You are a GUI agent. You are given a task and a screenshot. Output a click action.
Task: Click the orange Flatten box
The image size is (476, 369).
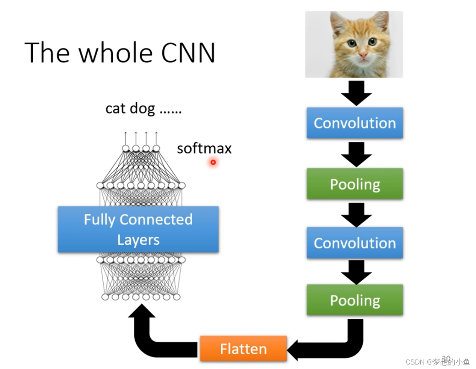click(x=243, y=348)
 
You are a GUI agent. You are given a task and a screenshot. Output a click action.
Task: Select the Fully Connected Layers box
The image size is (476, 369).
click(x=138, y=229)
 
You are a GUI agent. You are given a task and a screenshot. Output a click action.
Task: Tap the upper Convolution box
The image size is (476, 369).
click(x=355, y=123)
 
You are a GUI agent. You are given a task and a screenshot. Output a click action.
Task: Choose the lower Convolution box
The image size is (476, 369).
click(x=355, y=243)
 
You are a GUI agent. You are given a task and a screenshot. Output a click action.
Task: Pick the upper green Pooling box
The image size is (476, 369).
click(x=355, y=184)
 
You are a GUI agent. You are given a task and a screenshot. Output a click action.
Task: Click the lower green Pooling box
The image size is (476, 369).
click(x=355, y=300)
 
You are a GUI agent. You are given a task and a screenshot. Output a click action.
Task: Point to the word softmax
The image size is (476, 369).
click(x=204, y=148)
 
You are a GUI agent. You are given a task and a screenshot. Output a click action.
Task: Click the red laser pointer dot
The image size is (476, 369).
click(x=213, y=162)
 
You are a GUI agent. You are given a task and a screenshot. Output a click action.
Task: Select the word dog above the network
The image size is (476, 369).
click(x=142, y=109)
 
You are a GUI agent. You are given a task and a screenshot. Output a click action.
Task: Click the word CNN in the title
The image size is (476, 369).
click(x=188, y=53)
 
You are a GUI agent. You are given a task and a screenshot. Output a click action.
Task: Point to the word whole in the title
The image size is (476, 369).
click(x=115, y=52)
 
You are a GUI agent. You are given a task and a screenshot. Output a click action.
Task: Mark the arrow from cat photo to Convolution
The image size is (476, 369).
click(x=356, y=93)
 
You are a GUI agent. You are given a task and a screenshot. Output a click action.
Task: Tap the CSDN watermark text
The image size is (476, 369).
click(x=438, y=362)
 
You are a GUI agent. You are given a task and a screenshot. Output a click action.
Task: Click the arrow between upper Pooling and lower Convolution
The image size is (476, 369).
click(x=356, y=215)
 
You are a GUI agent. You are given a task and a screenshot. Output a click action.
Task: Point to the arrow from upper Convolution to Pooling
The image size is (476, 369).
click(x=356, y=154)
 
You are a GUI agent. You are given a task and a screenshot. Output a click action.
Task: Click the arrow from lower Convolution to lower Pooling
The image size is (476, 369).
click(x=356, y=272)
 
